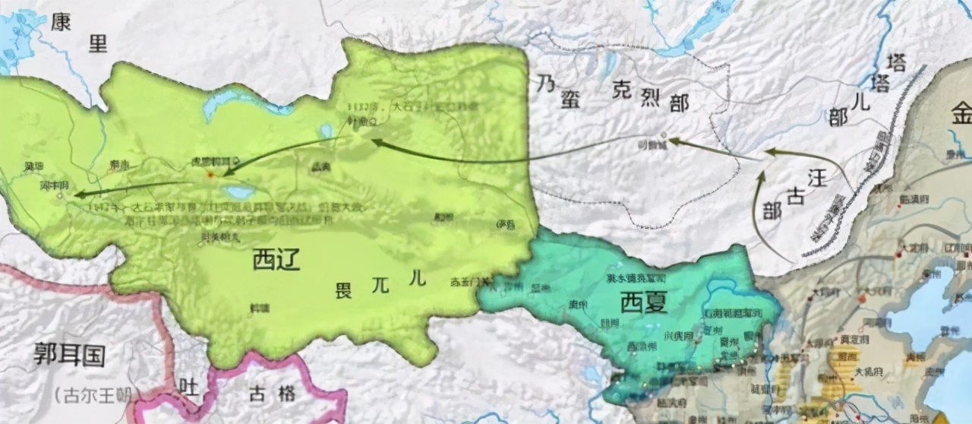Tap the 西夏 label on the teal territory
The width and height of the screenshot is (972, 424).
(643, 302)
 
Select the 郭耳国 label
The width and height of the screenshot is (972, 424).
(69, 355)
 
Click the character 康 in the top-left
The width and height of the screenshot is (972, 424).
(61, 23)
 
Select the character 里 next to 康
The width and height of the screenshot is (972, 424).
(98, 43)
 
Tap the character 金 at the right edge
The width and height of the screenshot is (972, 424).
(961, 116)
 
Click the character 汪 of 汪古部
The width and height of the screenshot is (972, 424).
(816, 179)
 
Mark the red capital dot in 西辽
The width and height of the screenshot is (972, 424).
(210, 175)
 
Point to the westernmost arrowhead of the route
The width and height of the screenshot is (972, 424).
(76, 195)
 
